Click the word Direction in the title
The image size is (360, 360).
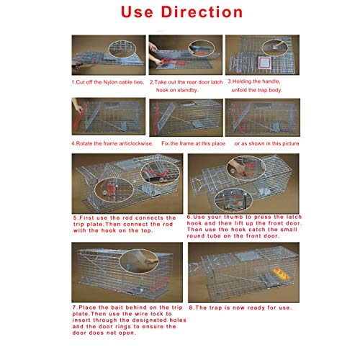point(202,12)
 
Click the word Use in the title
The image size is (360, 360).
point(137,12)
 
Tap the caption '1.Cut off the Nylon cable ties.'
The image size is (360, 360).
point(108,82)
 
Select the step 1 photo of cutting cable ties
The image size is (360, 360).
point(109,55)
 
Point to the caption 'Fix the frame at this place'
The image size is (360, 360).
point(193,143)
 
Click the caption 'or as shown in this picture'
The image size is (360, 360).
point(266,143)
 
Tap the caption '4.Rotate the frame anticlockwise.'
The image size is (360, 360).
point(112,143)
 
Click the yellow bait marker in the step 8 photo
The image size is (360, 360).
point(281,274)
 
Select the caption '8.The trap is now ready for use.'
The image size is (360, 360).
point(240,307)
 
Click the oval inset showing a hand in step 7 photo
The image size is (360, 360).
point(139,261)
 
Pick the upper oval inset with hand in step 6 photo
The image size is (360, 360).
point(246,168)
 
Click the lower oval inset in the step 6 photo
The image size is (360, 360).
point(233,200)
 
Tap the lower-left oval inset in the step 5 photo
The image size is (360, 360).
point(114,190)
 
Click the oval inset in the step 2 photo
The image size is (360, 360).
point(202,48)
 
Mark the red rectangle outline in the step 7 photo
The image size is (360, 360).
point(161,284)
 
